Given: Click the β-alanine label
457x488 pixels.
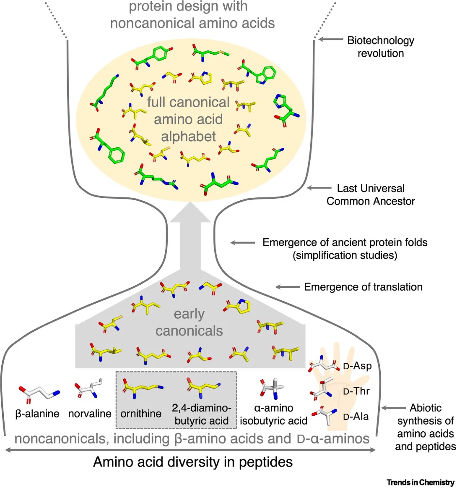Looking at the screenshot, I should (x=38, y=414).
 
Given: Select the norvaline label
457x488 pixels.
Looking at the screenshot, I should (x=90, y=414).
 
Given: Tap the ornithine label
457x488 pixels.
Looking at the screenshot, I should (x=141, y=414).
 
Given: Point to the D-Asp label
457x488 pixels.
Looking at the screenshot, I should (x=357, y=366).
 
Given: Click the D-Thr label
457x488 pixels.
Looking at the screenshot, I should (x=356, y=391).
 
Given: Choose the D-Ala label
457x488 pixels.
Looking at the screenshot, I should (x=356, y=417).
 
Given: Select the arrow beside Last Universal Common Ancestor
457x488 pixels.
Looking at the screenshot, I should (x=319, y=188).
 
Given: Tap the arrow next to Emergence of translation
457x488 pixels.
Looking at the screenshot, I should (x=287, y=287).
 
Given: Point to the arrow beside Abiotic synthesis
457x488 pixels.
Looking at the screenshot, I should (x=392, y=408).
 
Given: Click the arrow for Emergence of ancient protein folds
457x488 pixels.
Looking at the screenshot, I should (x=243, y=243).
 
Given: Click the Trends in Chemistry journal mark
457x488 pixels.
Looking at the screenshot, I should (x=420, y=483).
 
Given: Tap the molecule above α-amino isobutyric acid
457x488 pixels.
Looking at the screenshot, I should (x=272, y=388).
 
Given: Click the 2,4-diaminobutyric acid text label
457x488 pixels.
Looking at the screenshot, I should (x=201, y=414).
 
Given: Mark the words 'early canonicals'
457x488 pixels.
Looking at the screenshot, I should (x=189, y=323).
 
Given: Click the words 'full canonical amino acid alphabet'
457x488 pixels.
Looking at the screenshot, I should (x=188, y=119).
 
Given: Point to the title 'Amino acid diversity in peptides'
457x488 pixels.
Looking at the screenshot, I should (x=192, y=462).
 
